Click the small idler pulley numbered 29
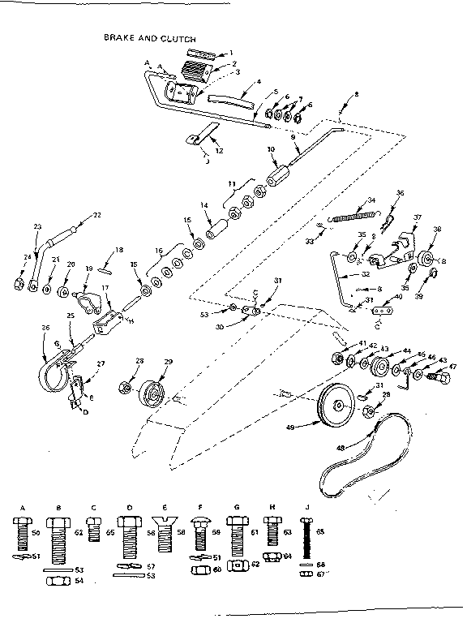(151, 396)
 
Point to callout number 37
(418, 217)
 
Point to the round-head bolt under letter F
(199, 532)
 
